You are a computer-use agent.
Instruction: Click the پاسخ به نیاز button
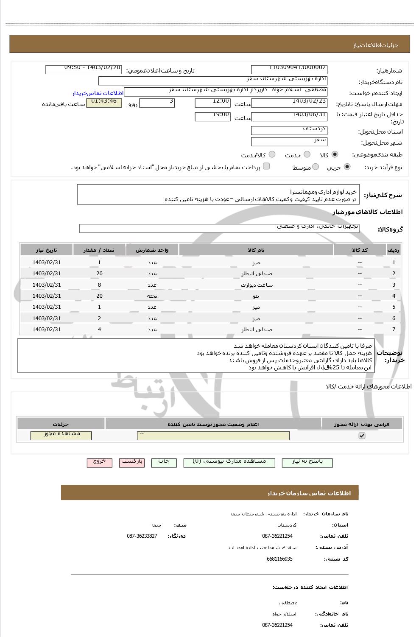tap(307, 463)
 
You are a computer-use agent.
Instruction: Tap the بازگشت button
tap(132, 463)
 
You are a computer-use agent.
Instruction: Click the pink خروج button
tap(99, 463)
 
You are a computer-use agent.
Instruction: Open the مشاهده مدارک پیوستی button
tap(229, 463)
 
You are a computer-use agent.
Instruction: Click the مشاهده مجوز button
tap(61, 436)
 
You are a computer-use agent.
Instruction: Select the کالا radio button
tap(335, 155)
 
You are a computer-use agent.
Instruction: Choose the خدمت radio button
tap(307, 155)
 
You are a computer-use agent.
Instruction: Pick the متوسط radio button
tap(316, 167)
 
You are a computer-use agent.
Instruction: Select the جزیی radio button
tap(347, 167)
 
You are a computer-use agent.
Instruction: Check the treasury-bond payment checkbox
tap(266, 166)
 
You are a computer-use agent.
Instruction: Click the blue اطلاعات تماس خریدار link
tap(98, 93)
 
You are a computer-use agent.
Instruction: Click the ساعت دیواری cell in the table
tap(256, 285)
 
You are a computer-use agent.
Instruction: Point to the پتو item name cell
tap(256, 296)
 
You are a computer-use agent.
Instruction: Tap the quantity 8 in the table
tap(99, 285)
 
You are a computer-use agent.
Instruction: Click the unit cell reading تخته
tap(152, 296)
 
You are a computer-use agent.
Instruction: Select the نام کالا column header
tap(256, 250)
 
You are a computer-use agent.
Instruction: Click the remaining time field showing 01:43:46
tap(104, 103)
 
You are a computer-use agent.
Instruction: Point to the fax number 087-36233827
tap(142, 536)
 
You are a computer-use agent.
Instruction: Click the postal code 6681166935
tap(279, 559)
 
